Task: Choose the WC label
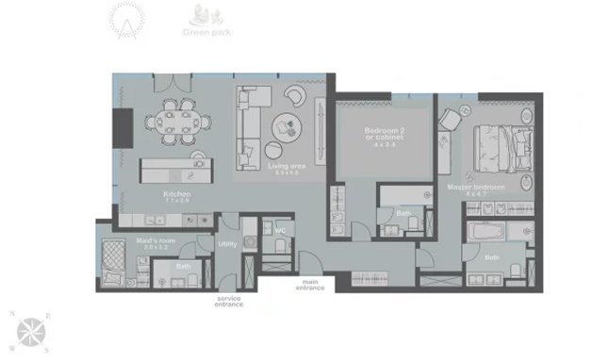point(280,229)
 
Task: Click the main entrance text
point(313,284)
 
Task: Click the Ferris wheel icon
point(124,18)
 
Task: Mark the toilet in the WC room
point(280,247)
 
